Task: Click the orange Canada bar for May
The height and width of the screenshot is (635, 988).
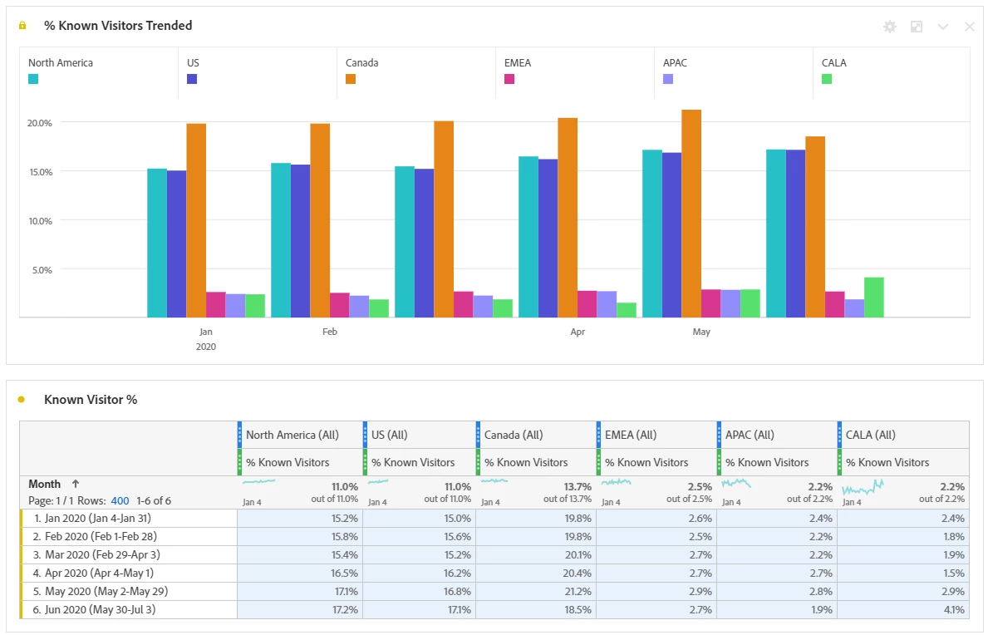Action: [x=691, y=214]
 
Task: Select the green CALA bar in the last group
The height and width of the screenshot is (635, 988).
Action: [x=873, y=298]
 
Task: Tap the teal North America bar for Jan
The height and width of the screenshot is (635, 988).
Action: [x=157, y=243]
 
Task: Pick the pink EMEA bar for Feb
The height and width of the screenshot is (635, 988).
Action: [x=339, y=305]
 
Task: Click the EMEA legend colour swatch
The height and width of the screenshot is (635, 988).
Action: [x=509, y=79]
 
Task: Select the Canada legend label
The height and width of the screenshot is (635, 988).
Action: [x=361, y=63]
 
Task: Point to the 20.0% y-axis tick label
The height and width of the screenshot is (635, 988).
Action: [x=40, y=123]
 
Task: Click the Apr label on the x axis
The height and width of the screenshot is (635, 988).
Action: [x=578, y=332]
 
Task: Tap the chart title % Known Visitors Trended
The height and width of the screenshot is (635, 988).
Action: [x=118, y=26]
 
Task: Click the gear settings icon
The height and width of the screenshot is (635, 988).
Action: [x=890, y=27]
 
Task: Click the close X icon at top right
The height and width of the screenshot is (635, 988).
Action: [x=969, y=27]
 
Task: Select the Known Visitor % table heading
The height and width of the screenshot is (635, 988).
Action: [x=91, y=400]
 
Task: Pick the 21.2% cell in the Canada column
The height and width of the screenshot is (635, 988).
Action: [x=579, y=592]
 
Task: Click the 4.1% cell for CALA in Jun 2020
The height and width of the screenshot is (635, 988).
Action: [x=954, y=610]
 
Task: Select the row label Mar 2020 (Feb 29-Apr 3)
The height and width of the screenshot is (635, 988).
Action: [x=103, y=555]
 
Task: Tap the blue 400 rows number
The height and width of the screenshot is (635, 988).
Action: [x=120, y=501]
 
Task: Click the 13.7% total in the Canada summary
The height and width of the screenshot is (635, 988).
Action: [x=578, y=487]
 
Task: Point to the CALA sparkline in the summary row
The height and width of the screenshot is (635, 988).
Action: [x=863, y=486]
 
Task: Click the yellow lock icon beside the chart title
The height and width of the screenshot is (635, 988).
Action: [x=22, y=26]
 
